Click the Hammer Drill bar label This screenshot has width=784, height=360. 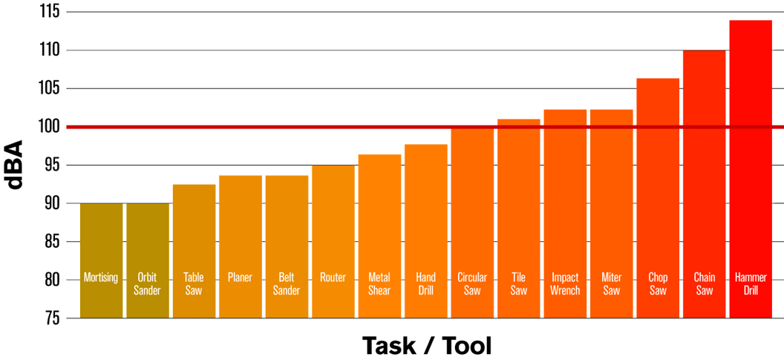pyautogui.click(x=751, y=284)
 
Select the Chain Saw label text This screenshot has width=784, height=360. pyautogui.click(x=704, y=284)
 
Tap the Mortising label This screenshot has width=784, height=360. pyautogui.click(x=101, y=278)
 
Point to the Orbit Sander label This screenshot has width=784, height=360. pyautogui.click(x=147, y=284)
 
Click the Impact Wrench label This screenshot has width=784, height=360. pyautogui.click(x=565, y=284)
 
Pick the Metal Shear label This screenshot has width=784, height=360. pyautogui.click(x=379, y=284)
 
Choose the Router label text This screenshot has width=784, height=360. pyautogui.click(x=333, y=278)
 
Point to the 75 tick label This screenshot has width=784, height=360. pyautogui.click(x=50, y=318)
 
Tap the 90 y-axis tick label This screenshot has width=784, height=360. pyautogui.click(x=50, y=203)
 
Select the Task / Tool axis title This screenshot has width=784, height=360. pyautogui.click(x=427, y=345)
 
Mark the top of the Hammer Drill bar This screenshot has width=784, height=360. pyautogui.click(x=751, y=21)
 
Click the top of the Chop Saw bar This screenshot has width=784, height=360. pyautogui.click(x=658, y=79)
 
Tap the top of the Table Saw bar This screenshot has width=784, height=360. pyautogui.click(x=194, y=184)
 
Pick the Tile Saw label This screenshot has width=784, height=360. pyautogui.click(x=519, y=284)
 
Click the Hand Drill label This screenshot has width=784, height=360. pyautogui.click(x=426, y=284)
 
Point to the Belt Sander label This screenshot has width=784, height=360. pyautogui.click(x=287, y=284)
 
